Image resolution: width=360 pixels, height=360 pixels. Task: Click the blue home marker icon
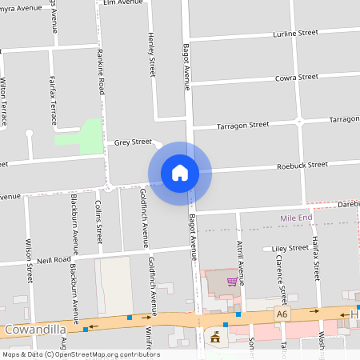click(180, 173)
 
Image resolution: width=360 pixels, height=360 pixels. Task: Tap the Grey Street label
click(133, 142)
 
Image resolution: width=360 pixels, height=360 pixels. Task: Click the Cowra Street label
click(297, 77)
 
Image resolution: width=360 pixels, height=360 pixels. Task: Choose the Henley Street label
click(151, 54)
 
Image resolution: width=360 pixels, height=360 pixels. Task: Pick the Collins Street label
click(98, 221)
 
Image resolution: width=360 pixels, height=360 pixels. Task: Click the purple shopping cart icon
click(231, 282)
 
